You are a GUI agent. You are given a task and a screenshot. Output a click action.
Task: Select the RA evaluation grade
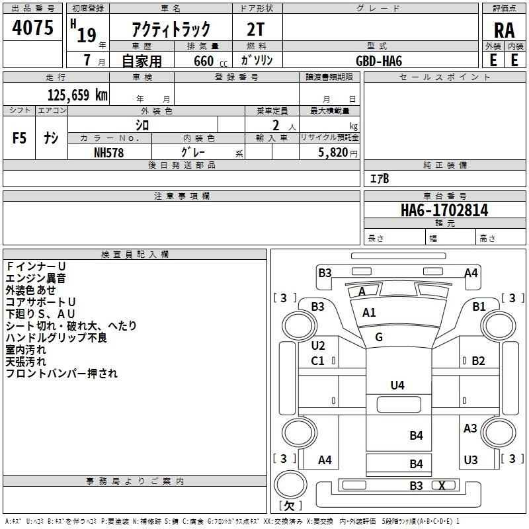point(504,30)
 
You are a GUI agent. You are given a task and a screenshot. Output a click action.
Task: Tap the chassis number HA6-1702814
point(444,210)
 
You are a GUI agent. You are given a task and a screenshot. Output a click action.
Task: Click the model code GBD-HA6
point(379,60)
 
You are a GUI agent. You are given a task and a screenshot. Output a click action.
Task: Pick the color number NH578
point(109,152)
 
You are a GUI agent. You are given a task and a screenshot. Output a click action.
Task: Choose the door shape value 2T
point(257,29)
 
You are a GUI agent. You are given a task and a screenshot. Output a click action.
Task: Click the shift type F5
point(20,138)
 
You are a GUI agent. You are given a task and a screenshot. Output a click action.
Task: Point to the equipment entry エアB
point(380,179)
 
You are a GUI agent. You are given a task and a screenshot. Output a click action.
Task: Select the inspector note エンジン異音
point(36,278)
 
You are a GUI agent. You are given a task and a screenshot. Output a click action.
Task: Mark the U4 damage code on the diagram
point(397,385)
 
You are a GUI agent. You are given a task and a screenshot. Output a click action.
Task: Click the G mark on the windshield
point(379,337)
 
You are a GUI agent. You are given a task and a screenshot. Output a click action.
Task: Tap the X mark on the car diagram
point(442,485)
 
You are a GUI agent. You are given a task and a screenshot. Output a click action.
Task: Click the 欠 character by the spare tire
point(289,506)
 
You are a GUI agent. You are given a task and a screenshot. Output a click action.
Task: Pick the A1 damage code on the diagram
point(369,313)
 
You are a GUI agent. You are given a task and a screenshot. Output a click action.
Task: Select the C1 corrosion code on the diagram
point(317,360)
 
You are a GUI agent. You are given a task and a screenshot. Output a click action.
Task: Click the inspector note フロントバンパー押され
point(61,374)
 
